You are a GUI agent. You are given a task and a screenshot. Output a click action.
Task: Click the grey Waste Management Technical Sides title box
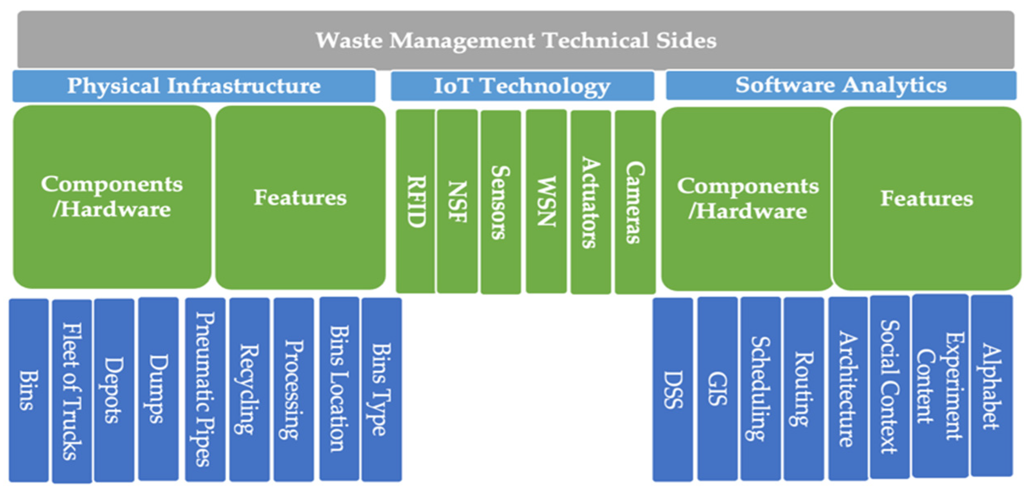tap(516, 40)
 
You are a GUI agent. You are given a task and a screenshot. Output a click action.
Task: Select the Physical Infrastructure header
tap(194, 86)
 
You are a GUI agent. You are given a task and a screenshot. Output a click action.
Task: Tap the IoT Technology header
tap(522, 86)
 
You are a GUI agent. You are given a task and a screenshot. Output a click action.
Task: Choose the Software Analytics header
tap(841, 85)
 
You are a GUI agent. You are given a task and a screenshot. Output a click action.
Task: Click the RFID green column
tap(415, 201)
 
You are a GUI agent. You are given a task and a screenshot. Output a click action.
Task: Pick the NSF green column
tap(457, 201)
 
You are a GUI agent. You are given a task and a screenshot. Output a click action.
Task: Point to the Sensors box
tap(500, 202)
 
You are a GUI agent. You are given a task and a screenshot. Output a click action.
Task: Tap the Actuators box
tap(590, 202)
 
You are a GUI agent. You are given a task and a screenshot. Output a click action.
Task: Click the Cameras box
tap(635, 202)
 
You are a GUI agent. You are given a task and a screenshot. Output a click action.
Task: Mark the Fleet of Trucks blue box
tap(72, 391)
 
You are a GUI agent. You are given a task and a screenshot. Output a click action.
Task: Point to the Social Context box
tap(889, 386)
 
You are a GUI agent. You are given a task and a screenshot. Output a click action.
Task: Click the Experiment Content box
tap(940, 386)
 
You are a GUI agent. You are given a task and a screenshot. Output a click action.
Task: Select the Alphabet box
tap(992, 386)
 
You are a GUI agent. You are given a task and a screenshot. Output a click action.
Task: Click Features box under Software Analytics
tap(927, 199)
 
